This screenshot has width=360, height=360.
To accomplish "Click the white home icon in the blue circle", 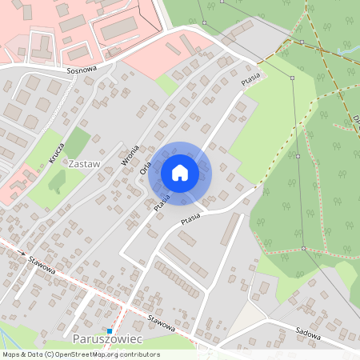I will (x=180, y=173).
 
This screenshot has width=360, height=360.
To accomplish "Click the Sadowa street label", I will (x=306, y=334).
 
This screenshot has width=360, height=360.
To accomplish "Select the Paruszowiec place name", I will (x=107, y=340).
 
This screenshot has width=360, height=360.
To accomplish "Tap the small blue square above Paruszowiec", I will (x=110, y=330).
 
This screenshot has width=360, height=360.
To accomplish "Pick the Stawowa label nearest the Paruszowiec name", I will (x=161, y=323).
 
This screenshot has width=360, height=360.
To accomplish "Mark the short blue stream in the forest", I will (x=346, y=50).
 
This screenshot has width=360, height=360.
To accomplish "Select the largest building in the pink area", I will (x=119, y=29).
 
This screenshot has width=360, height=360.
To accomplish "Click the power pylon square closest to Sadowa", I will (x=304, y=249).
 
